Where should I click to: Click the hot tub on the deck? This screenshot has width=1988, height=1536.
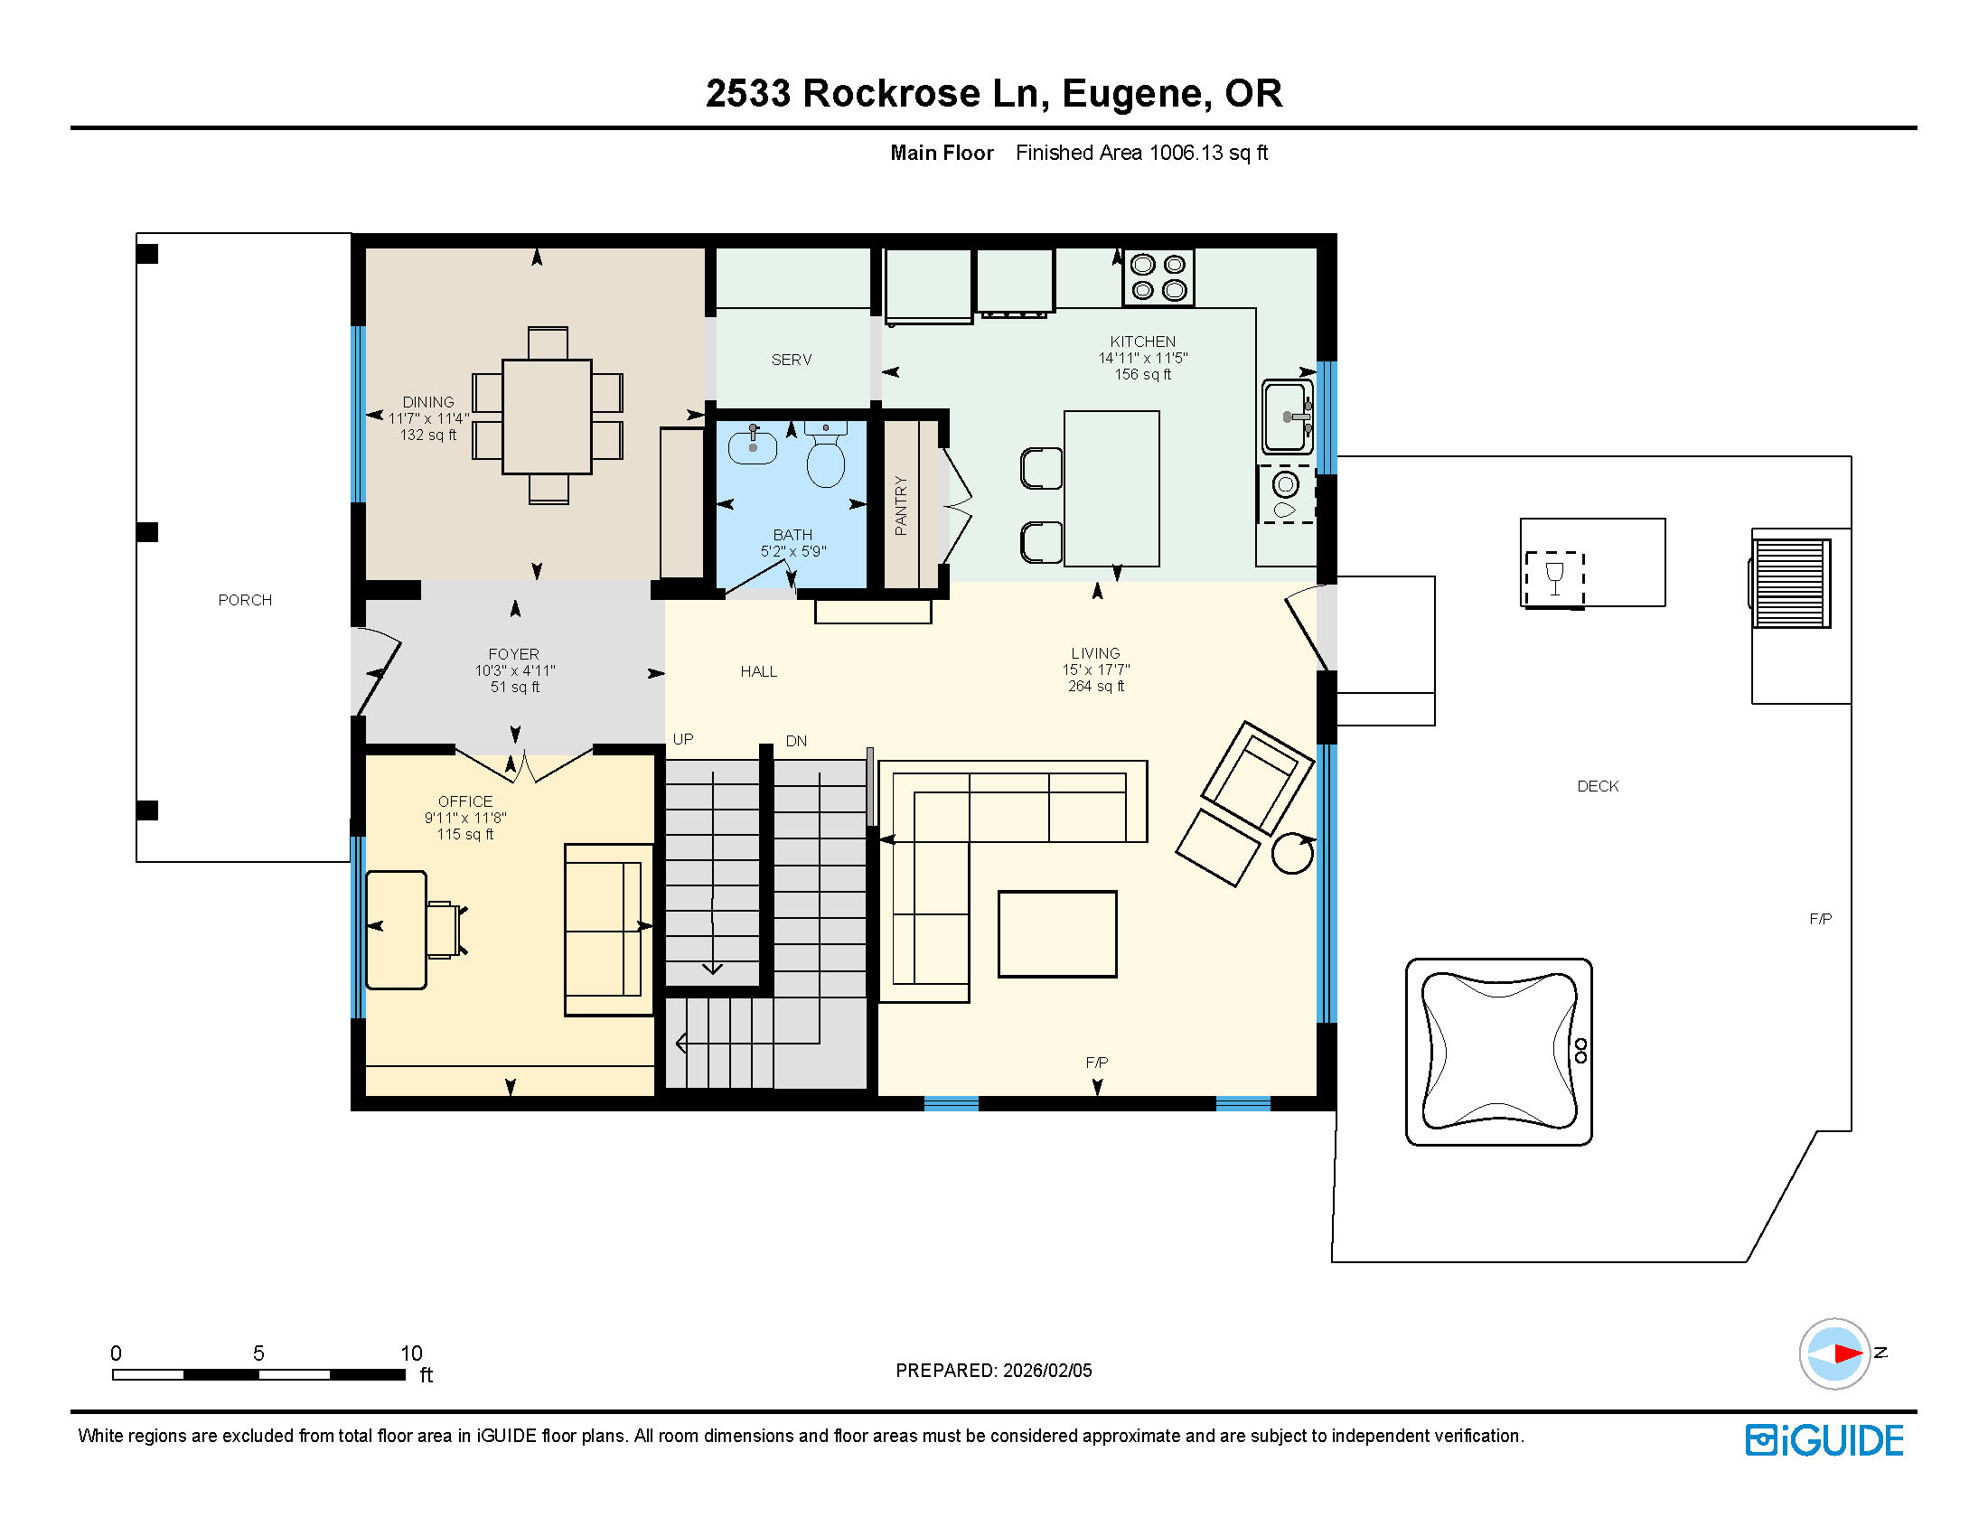click(1498, 1052)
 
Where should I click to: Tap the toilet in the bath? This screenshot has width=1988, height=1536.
click(826, 458)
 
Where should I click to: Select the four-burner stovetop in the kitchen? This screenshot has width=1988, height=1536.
click(1159, 277)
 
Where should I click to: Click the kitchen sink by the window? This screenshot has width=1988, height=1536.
click(1286, 416)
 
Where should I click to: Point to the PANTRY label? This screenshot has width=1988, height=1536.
click(901, 505)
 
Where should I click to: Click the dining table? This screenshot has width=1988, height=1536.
click(547, 416)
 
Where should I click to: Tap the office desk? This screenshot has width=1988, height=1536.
click(396, 930)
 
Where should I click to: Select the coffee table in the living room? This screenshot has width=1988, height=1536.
click(1057, 934)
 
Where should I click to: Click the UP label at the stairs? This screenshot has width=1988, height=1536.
click(683, 740)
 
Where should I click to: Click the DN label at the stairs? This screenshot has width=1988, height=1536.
click(796, 741)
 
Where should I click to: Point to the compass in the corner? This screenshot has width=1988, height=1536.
click(1834, 1353)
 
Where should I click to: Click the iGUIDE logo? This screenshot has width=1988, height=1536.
click(1824, 1440)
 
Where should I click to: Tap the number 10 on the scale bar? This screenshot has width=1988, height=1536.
click(411, 1353)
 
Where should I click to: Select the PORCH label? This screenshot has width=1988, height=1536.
click(245, 600)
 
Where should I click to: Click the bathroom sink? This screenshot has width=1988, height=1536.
click(752, 446)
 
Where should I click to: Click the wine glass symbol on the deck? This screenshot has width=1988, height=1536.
click(1554, 578)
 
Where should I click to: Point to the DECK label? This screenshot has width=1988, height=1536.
click(1597, 787)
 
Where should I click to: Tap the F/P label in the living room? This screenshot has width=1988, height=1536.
click(1097, 1063)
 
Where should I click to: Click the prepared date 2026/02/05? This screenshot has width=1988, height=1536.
click(1047, 1370)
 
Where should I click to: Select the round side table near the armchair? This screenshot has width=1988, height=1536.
click(1292, 853)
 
